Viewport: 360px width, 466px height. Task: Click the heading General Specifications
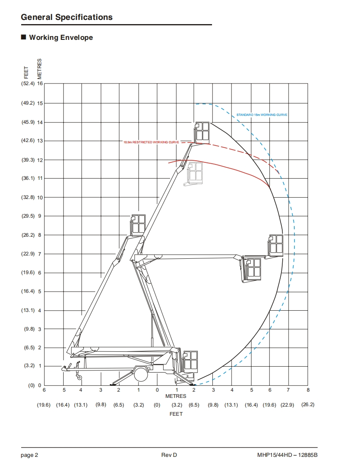67,17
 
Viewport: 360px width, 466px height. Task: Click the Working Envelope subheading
61,37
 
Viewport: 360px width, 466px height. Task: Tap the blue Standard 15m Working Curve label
262,115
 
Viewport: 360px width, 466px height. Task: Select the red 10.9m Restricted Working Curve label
151,142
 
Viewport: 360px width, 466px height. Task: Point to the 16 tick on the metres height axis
40,83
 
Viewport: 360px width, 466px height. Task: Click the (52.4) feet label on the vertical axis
28,83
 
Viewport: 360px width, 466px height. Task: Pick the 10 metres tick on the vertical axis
40,198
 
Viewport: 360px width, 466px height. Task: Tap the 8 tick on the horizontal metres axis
308,390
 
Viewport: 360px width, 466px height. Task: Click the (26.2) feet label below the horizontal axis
308,405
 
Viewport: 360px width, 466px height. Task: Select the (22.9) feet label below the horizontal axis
287,405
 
